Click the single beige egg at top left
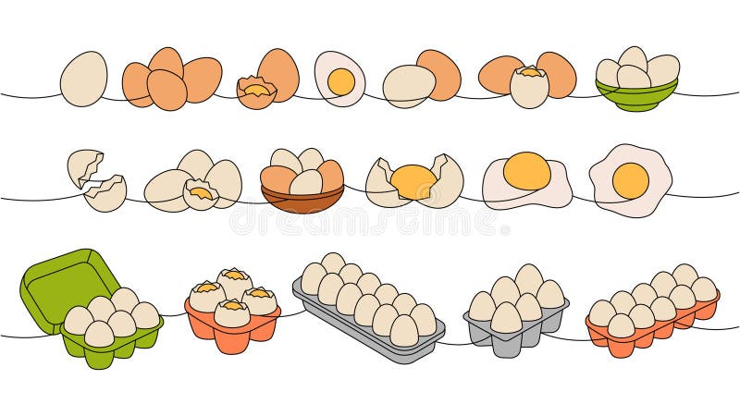(83, 78)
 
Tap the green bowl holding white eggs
(635, 97)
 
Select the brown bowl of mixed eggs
(302, 199)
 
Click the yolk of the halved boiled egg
(341, 81)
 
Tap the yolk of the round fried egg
(630, 179)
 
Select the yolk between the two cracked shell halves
(413, 180)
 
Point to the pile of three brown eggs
(172, 79)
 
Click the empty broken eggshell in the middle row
(98, 180)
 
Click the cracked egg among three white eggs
(200, 193)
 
